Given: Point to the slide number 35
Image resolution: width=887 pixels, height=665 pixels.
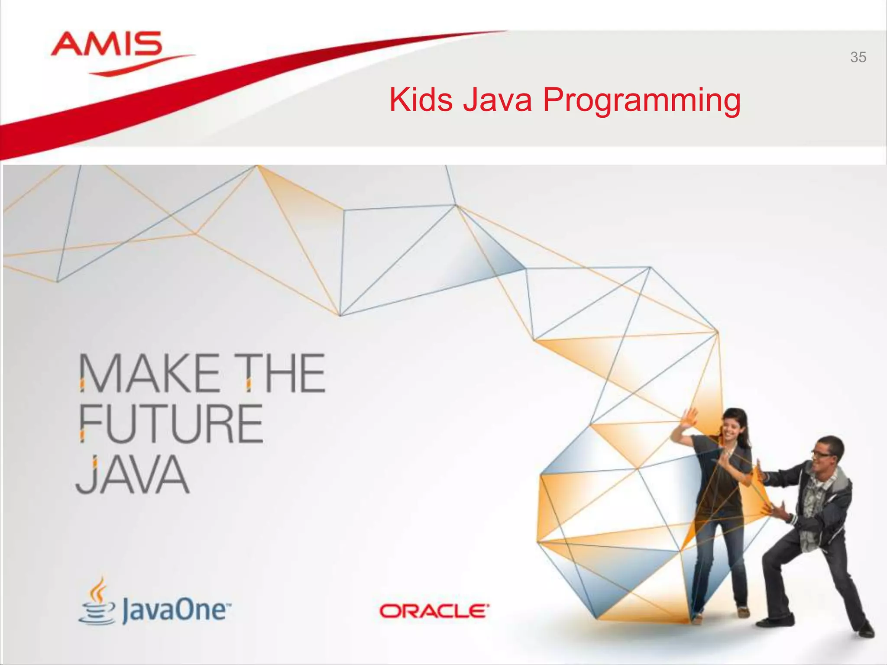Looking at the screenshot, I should (858, 57).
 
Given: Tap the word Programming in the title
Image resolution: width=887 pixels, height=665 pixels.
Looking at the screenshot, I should (641, 101).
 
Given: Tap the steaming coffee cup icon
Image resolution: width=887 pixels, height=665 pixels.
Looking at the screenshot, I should (97, 602).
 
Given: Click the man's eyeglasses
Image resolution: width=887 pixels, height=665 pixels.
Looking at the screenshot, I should (821, 454).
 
